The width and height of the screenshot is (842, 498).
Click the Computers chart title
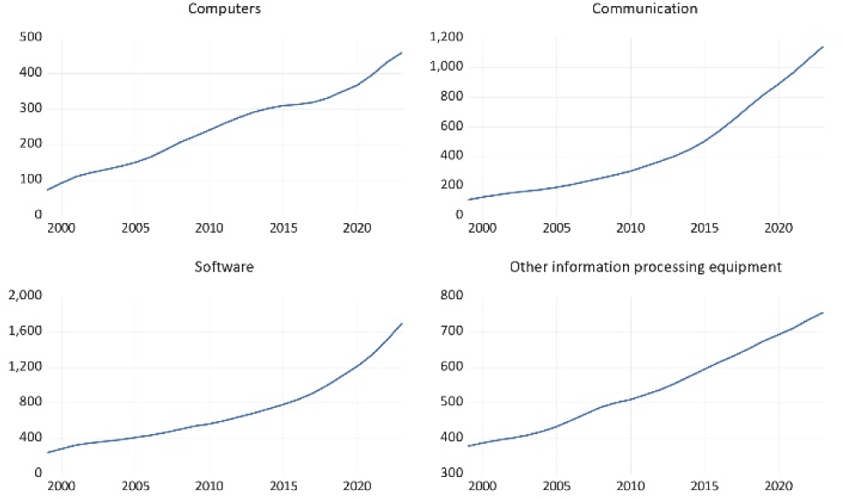click(224, 10)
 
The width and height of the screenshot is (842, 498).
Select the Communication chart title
click(645, 10)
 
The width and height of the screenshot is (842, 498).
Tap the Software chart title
click(224, 267)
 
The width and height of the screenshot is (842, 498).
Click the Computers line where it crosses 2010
click(209, 130)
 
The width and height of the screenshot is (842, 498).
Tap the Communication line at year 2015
click(704, 140)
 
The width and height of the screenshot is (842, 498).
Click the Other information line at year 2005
click(556, 426)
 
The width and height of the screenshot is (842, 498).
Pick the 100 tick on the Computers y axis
click(32, 179)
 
